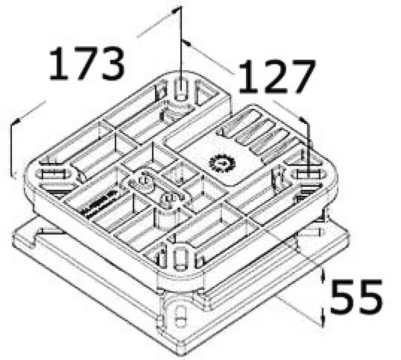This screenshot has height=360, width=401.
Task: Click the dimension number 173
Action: point(87,64)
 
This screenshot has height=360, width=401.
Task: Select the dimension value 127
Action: point(276,77)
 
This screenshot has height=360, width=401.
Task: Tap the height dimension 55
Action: point(357,297)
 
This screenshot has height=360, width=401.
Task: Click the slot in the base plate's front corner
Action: point(180,316)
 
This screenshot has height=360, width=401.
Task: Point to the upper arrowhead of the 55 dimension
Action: point(322,275)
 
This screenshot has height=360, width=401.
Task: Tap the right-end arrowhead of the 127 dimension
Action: point(303,120)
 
